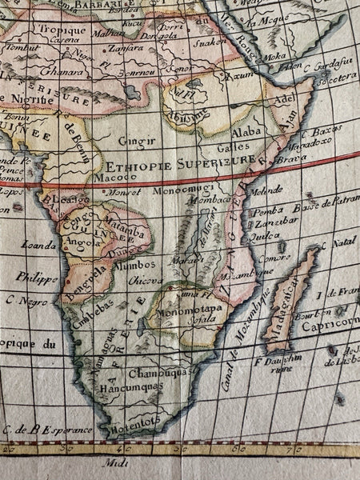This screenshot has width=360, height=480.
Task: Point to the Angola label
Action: pyautogui.click(x=84, y=239)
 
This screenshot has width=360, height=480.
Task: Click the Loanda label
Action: pyautogui.click(x=39, y=244)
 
